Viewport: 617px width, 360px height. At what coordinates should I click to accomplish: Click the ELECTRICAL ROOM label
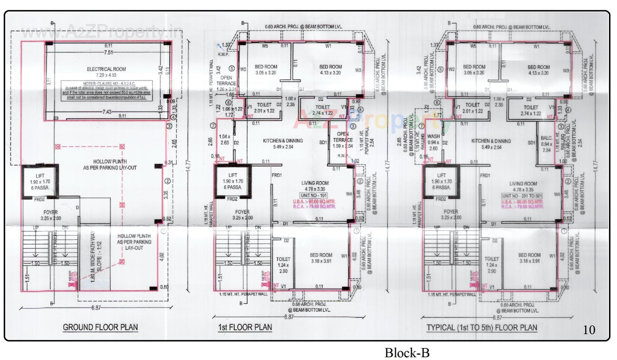[x=106, y=69]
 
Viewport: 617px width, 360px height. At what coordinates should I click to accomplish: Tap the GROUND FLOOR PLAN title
[x=100, y=327]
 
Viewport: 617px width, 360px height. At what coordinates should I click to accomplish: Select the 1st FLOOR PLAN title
[x=245, y=327]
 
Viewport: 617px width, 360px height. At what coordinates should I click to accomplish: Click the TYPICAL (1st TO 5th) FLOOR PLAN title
[x=482, y=328]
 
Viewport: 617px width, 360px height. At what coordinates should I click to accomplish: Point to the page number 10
[x=589, y=330]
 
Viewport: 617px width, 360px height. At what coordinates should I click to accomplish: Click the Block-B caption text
[x=407, y=353]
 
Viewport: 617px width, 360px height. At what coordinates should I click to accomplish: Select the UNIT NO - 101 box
[x=314, y=195]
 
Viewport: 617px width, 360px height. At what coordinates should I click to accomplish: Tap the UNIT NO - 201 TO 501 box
[x=522, y=196]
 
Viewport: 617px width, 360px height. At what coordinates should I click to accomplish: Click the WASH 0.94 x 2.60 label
[x=434, y=142]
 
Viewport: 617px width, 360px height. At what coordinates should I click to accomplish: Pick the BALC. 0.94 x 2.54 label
[x=546, y=144]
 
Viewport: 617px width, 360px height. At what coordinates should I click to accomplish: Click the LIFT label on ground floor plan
[x=40, y=176]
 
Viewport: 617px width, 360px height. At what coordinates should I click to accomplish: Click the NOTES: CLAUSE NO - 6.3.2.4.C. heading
[x=106, y=84]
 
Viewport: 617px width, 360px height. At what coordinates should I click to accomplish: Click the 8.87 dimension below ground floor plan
[x=96, y=308]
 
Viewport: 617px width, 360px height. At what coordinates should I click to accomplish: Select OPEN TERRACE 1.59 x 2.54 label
[x=343, y=140]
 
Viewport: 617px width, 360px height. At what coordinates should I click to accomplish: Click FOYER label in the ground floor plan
[x=50, y=212]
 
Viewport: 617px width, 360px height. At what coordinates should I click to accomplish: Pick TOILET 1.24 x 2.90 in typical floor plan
[x=492, y=265]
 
